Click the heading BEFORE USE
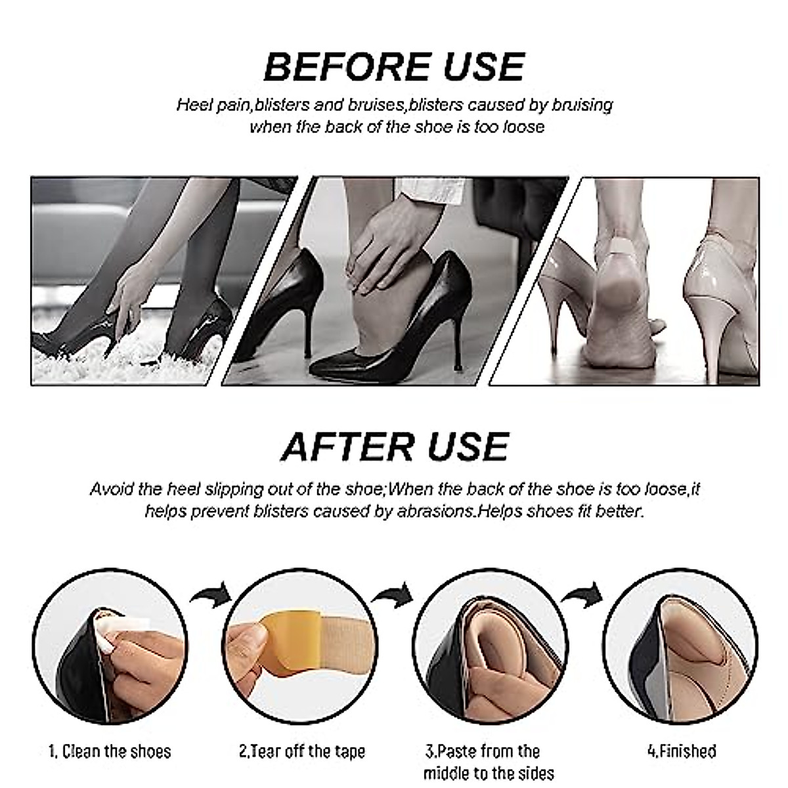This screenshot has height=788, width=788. point(394,66)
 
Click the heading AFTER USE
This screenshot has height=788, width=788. point(394,447)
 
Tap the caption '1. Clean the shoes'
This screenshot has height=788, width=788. point(110,752)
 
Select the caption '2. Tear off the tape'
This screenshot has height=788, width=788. point(301,752)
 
